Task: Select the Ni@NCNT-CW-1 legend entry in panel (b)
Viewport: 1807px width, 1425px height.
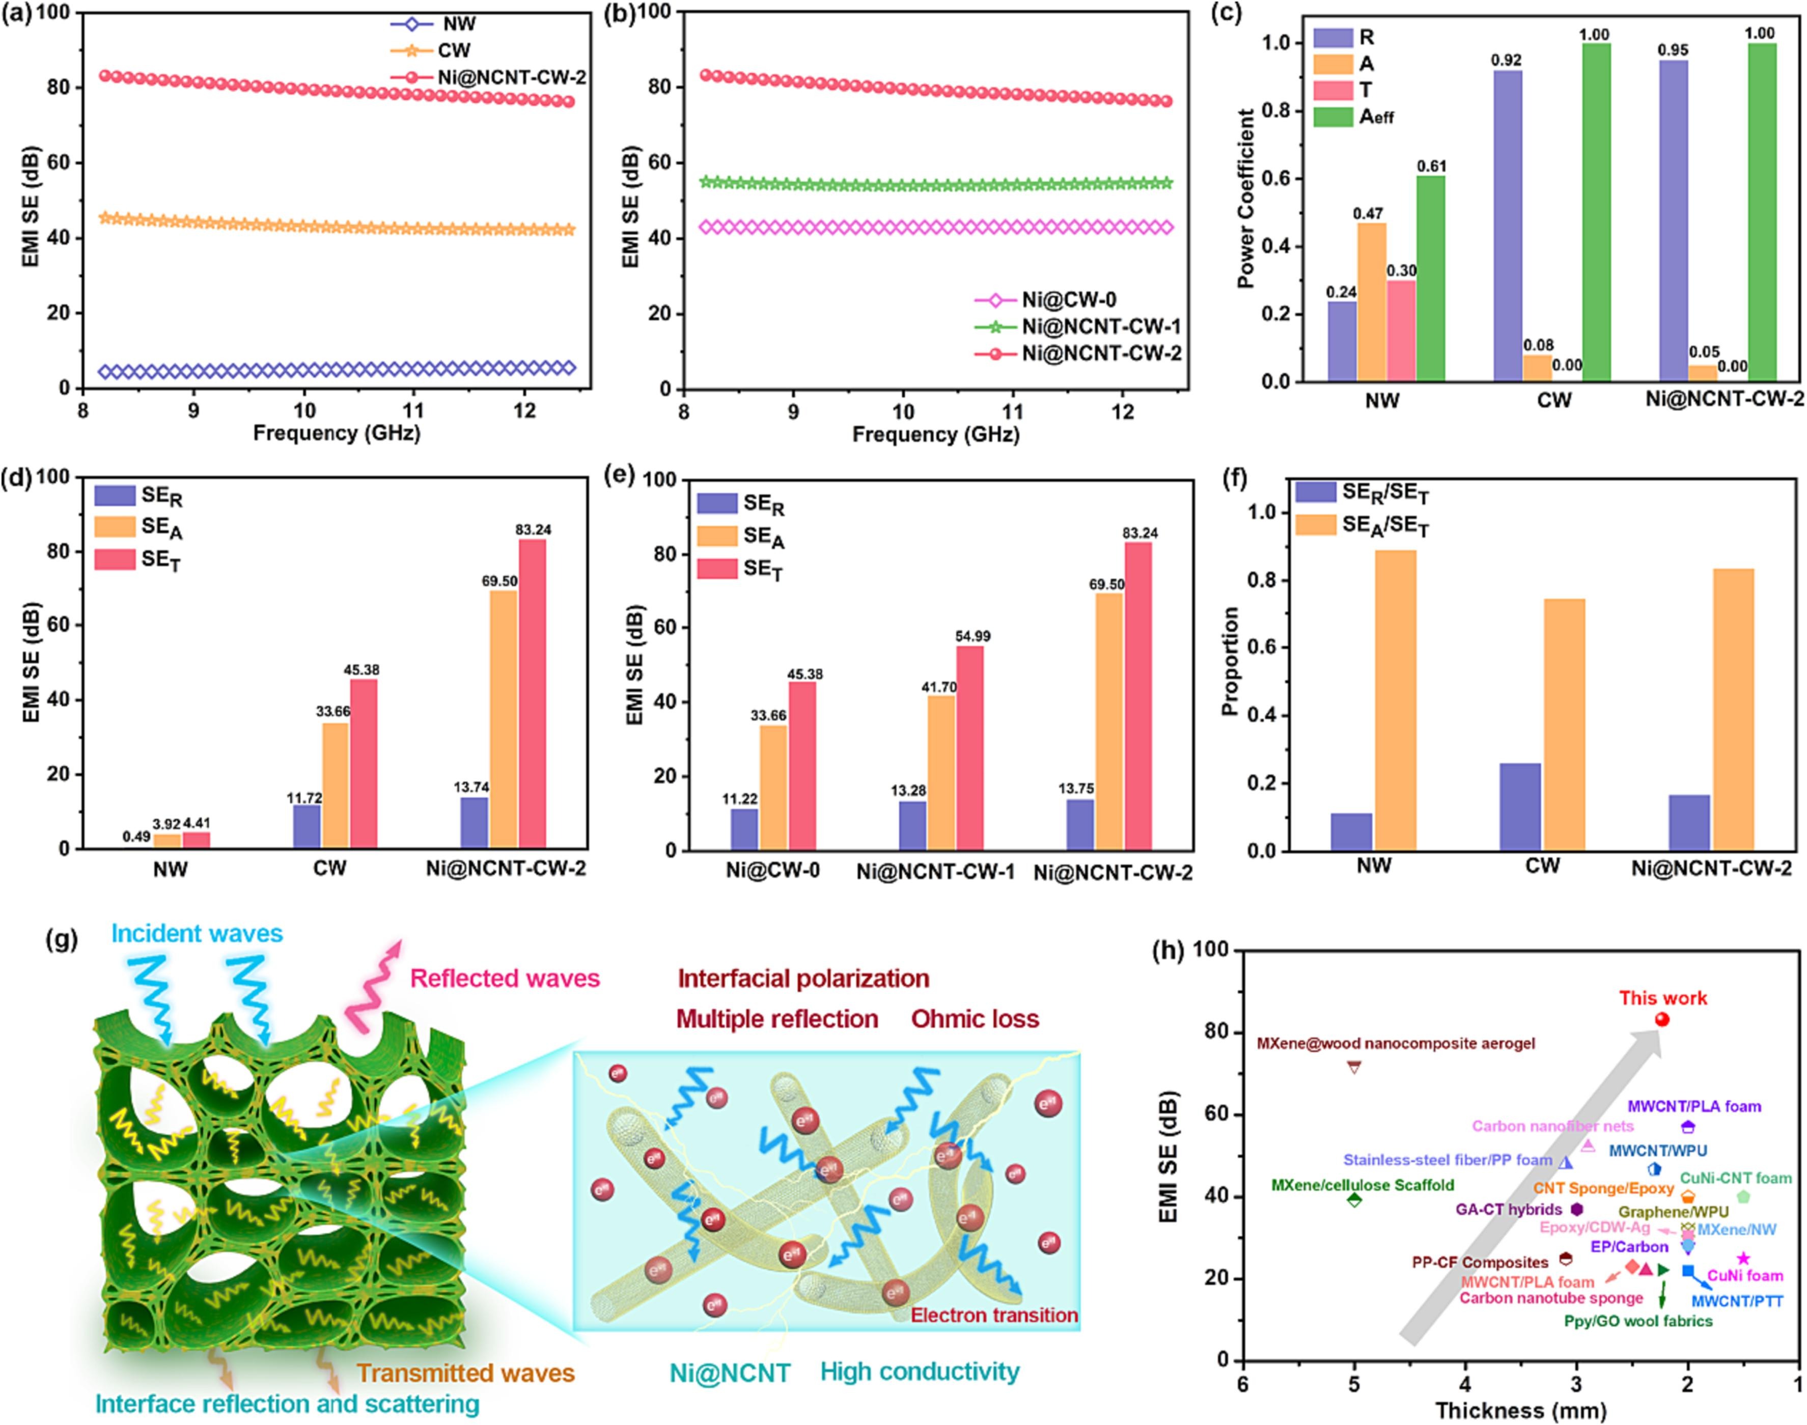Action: tap(1101, 327)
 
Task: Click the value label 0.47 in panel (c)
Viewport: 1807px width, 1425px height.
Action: tap(1368, 214)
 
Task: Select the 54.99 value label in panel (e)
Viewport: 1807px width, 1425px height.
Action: tap(972, 636)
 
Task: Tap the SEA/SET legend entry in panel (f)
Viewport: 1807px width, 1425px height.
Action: tap(1385, 525)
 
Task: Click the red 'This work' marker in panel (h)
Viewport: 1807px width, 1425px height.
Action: tap(1661, 1020)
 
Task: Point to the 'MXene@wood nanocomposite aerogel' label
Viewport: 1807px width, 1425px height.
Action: tap(1395, 1044)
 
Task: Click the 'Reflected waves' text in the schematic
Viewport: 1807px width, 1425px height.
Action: tap(505, 979)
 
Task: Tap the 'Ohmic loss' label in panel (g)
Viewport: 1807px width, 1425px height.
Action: tap(975, 1020)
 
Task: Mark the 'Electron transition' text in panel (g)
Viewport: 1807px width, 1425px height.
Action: tap(993, 1316)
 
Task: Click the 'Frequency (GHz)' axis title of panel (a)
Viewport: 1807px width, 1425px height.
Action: tap(336, 433)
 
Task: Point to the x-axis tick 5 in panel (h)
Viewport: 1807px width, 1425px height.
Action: tap(1354, 1384)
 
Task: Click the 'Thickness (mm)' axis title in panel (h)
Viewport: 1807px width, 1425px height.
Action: tap(1520, 1411)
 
